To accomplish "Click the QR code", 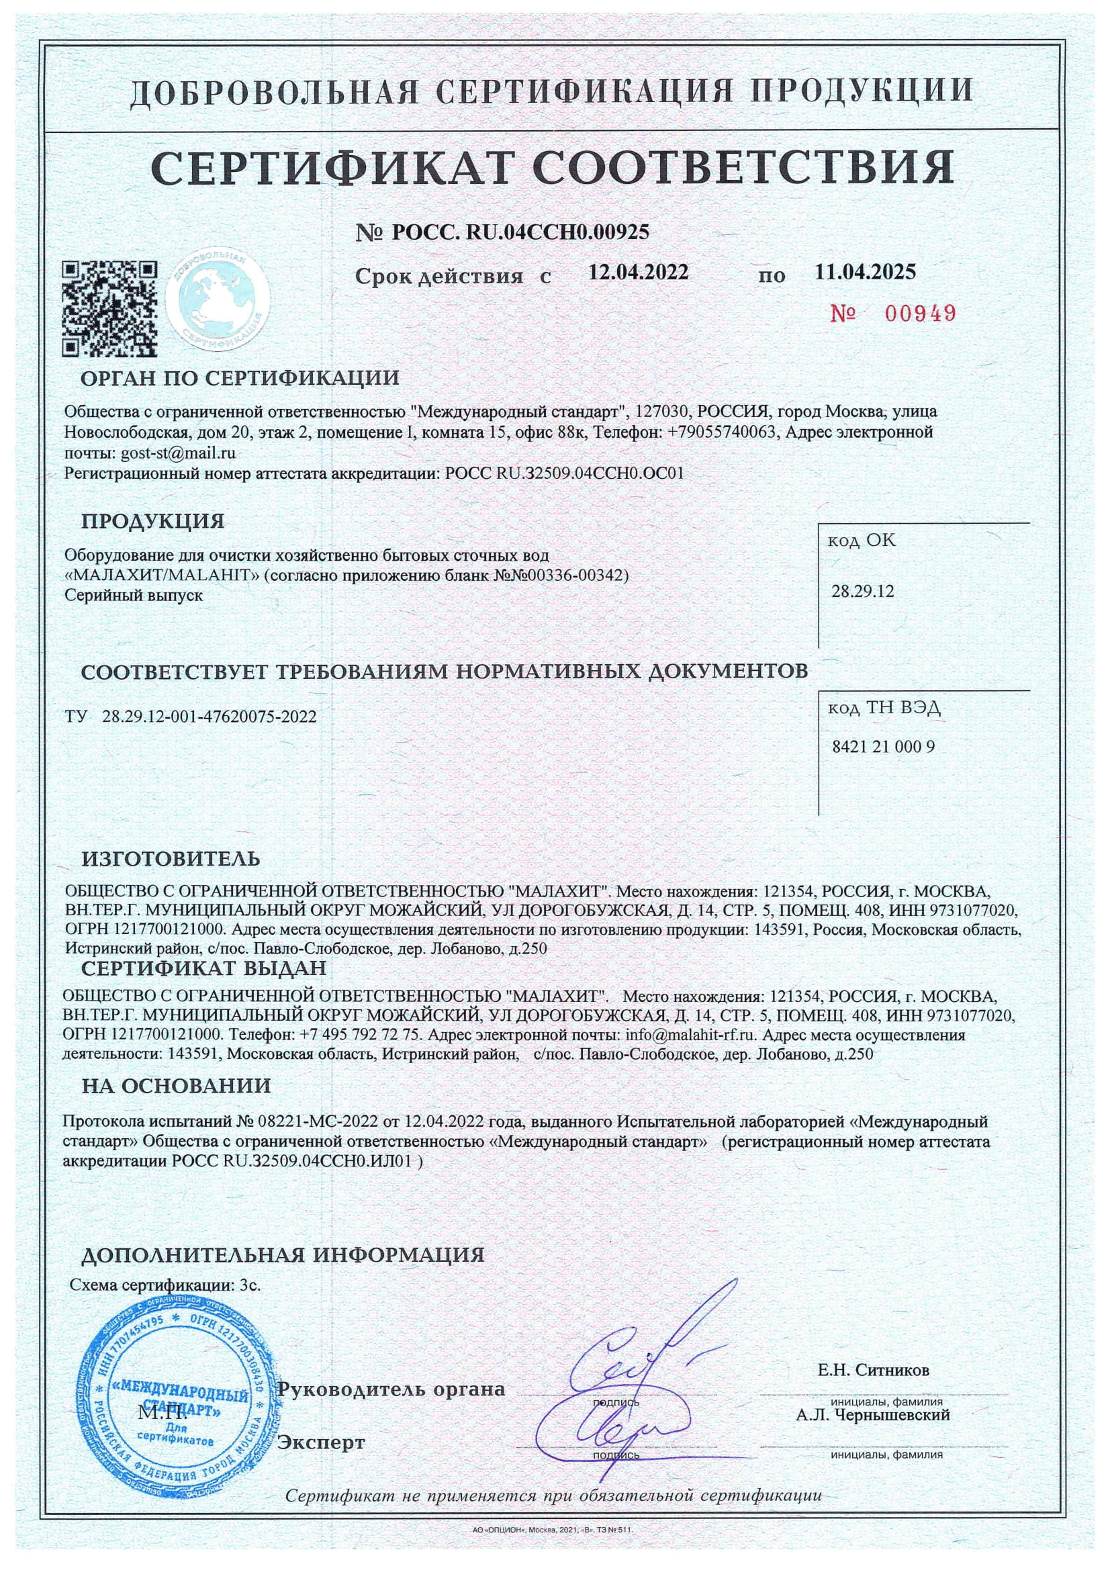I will [x=109, y=308].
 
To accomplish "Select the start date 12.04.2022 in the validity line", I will [x=638, y=272].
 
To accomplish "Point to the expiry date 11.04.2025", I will [x=864, y=272].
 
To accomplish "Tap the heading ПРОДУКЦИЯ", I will [x=152, y=521].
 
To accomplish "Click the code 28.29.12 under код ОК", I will [x=862, y=592].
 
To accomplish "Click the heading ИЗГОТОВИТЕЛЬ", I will [x=171, y=859].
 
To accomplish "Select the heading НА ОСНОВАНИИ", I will [x=177, y=1086].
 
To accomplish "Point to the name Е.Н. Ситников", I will [x=874, y=1371].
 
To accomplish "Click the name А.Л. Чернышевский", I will [x=873, y=1415].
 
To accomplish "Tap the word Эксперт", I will [x=321, y=1443].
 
